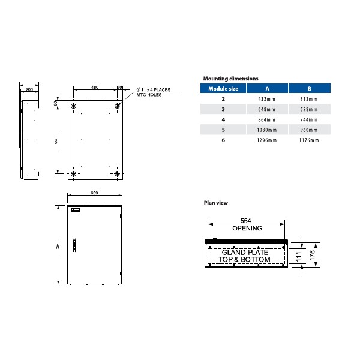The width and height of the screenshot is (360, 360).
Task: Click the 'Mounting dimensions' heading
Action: point(231,79)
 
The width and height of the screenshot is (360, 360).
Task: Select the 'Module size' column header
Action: point(223,88)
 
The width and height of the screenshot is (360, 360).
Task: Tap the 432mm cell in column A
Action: point(266,98)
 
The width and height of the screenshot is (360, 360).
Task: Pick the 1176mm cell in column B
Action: point(309,140)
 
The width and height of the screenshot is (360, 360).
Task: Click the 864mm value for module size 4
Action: point(266,119)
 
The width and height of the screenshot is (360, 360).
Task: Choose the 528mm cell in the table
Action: point(309,109)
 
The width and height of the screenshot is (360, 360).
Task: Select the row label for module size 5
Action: point(223,130)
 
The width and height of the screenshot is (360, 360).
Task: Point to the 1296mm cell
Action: point(266,140)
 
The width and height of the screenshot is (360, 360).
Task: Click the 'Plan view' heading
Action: point(215,203)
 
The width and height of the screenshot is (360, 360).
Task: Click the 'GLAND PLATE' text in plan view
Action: point(247,253)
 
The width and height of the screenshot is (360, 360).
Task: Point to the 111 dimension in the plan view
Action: point(298,256)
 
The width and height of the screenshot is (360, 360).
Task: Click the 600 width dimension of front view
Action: point(94,193)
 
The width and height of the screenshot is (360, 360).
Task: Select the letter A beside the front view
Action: point(58,246)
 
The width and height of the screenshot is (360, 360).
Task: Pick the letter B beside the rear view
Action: point(56,142)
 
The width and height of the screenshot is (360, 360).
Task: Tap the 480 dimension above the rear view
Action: point(94,88)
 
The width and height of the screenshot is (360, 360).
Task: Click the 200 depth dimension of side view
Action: point(29,89)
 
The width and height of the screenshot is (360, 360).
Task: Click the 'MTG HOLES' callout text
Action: point(149,95)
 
